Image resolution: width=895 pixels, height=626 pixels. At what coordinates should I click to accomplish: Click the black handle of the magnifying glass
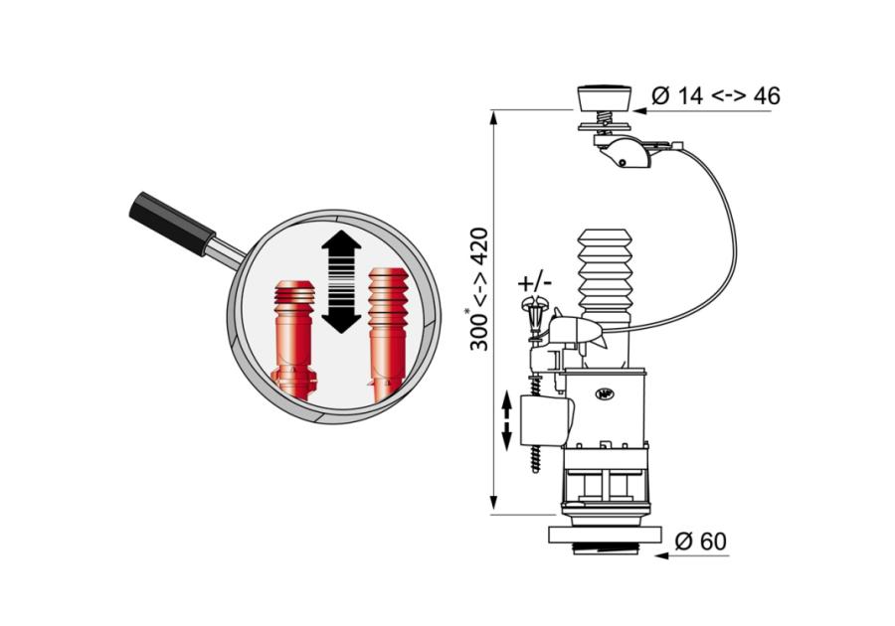[172, 224]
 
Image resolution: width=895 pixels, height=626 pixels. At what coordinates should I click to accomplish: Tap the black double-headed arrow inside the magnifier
[341, 281]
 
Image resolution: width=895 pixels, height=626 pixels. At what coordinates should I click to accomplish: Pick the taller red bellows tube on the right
[388, 333]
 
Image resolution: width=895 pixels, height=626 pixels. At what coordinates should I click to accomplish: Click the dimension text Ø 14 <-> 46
[716, 95]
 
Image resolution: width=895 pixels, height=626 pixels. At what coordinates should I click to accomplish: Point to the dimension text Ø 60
[701, 542]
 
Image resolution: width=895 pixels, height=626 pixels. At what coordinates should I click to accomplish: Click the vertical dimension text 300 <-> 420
[479, 289]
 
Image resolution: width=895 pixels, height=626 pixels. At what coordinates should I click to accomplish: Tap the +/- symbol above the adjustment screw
[535, 282]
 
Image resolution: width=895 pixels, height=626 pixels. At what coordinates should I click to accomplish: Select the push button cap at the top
[605, 98]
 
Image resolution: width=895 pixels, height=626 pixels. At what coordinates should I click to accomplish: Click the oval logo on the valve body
[604, 393]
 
